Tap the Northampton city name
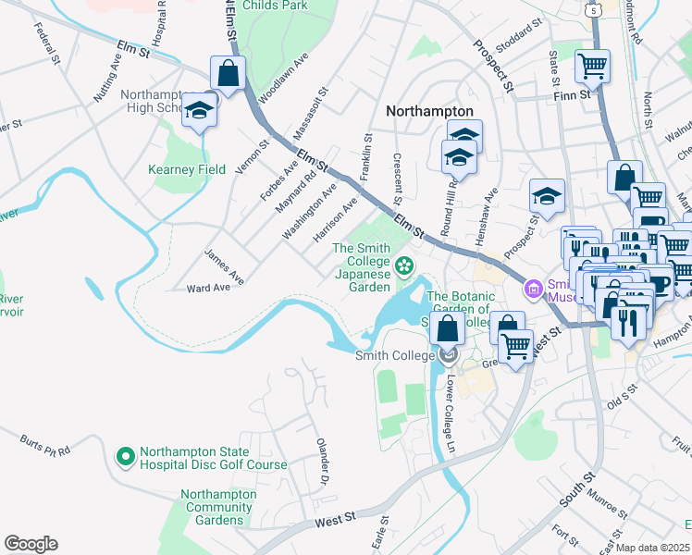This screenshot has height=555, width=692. [429, 111]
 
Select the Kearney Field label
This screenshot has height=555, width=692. [188, 169]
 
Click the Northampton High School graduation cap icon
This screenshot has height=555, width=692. [197, 111]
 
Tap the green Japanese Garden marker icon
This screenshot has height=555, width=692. [403, 267]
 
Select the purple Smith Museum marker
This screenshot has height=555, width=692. [533, 289]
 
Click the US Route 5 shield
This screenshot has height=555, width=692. [591, 7]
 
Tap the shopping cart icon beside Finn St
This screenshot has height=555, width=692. [592, 65]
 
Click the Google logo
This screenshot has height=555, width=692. [31, 544]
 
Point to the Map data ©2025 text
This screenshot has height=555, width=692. [653, 548]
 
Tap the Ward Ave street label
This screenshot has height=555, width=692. [208, 288]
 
